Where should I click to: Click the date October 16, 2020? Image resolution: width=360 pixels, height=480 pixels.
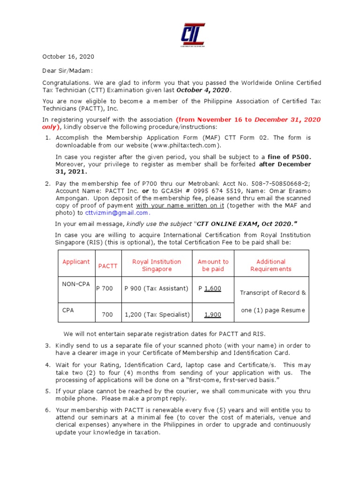(x=68, y=57)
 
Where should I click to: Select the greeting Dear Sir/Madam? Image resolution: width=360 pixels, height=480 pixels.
(x=68, y=70)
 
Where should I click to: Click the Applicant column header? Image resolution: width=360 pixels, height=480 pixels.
(x=76, y=262)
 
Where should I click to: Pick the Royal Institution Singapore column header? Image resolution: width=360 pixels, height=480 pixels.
(x=157, y=265)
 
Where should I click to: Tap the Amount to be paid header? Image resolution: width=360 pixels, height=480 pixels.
(x=213, y=265)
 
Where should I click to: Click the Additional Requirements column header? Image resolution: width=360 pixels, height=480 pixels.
(x=271, y=265)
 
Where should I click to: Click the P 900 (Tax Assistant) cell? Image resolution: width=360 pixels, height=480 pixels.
(x=156, y=288)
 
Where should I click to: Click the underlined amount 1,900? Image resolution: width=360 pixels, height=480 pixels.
(x=212, y=315)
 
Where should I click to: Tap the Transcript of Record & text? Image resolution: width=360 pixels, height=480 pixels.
(x=273, y=292)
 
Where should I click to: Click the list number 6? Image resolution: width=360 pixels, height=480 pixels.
(x=47, y=410)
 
